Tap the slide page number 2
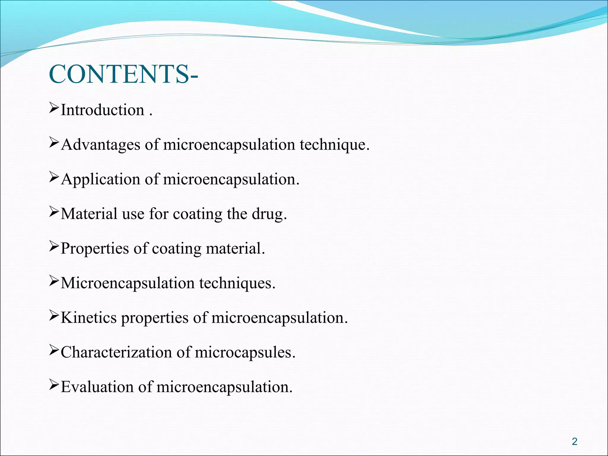click(x=574, y=441)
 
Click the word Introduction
click(x=102, y=110)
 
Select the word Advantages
click(x=100, y=145)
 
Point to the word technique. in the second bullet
click(x=335, y=145)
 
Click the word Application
click(x=100, y=179)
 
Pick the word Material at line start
click(x=89, y=214)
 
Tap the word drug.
click(x=269, y=214)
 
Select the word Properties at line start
click(x=95, y=248)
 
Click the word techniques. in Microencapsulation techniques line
click(x=237, y=283)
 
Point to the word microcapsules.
click(x=245, y=352)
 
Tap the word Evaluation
click(x=97, y=387)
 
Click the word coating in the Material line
click(x=197, y=214)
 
